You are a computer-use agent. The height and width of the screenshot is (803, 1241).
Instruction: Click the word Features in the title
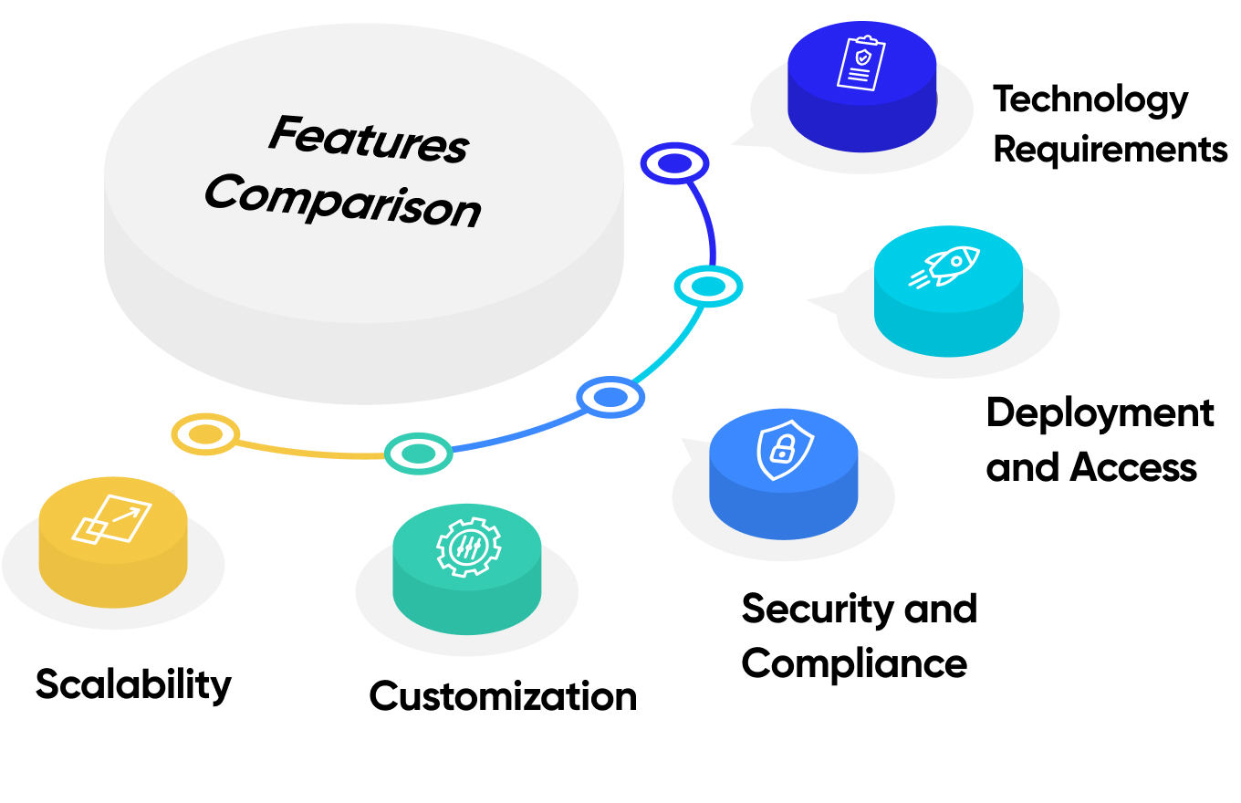pos(369,141)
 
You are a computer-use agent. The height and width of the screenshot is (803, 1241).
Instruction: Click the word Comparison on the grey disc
pos(343,200)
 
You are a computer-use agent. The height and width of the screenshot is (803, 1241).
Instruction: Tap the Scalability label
pos(133,684)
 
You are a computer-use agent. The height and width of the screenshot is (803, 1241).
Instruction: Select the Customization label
pos(503,696)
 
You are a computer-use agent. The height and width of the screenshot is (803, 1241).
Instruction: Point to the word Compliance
pos(854,662)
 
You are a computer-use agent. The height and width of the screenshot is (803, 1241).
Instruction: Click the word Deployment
pos(1100,413)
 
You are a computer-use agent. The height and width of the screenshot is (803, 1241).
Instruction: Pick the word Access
pos(1133,467)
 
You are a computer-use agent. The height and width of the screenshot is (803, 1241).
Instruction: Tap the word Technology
pos(1090,99)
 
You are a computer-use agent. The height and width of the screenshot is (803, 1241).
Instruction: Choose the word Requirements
pos(1110,149)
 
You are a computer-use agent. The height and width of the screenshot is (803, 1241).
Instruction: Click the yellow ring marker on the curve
pos(205,434)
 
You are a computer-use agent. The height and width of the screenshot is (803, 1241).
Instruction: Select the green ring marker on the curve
pos(418,453)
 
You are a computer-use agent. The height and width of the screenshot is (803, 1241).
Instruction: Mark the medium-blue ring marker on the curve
pos(610,397)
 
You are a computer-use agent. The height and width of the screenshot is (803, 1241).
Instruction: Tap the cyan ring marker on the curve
pos(708,287)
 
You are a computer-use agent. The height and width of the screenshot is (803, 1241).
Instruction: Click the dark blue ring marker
pos(674,163)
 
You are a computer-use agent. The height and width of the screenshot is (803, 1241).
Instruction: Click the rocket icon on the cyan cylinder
pos(945,267)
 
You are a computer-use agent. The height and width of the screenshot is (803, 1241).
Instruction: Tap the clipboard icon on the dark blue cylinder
pos(860,63)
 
